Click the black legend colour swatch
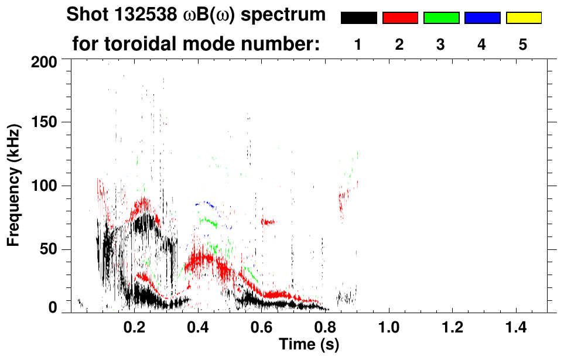click(x=358, y=18)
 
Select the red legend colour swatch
click(x=400, y=18)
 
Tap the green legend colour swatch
click(x=441, y=18)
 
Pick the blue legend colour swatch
click(x=482, y=18)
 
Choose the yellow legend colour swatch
click(x=523, y=18)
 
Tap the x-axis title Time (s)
click(x=308, y=345)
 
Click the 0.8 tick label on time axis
click(x=326, y=326)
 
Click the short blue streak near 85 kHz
click(x=206, y=204)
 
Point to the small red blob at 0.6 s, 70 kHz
click(x=268, y=222)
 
